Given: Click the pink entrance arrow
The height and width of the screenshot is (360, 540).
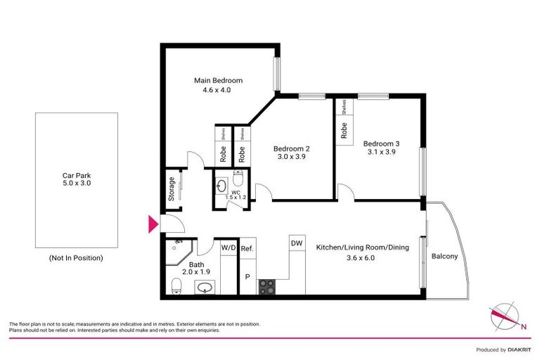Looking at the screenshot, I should click(151, 225).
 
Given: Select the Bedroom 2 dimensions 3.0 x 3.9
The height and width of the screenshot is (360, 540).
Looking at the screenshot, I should click(291, 157).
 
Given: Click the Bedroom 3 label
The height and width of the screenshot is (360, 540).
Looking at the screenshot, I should click(381, 143).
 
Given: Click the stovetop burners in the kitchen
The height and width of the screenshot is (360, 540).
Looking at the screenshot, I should click(267, 286).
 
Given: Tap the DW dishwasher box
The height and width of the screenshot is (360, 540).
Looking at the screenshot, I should click(296, 243).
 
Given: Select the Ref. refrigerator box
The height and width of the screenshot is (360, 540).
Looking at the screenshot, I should click(247, 248).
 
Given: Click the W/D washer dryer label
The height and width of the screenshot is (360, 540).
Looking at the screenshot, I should click(229, 248).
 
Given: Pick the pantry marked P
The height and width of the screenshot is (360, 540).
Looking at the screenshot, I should click(247, 276).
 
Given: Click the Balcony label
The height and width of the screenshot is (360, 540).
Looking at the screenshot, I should click(444, 256).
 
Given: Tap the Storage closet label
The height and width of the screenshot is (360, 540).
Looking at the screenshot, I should click(172, 188).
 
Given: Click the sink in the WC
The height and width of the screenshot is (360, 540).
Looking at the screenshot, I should click(221, 187).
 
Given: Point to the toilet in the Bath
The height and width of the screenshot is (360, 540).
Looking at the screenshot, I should click(176, 285).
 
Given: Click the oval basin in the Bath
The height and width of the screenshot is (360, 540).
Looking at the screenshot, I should click(205, 288).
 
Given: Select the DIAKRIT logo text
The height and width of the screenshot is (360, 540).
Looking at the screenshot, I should click(517, 349).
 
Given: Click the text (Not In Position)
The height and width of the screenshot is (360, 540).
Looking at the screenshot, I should click(76, 258).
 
